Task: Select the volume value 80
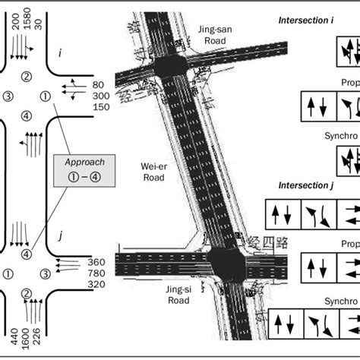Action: (x=99, y=85)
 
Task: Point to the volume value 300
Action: (x=100, y=97)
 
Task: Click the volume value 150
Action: (x=100, y=109)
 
